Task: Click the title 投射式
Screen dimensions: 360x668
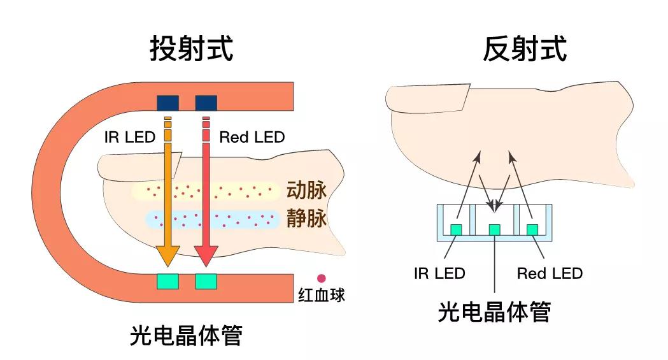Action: click(192, 48)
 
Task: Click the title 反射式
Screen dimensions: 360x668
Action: click(525, 48)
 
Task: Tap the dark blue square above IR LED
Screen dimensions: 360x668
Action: click(167, 102)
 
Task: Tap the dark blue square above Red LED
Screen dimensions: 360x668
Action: click(206, 102)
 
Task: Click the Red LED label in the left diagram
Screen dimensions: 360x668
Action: click(252, 137)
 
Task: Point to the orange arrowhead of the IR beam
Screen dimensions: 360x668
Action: click(167, 254)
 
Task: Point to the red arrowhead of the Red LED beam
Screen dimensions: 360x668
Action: click(206, 254)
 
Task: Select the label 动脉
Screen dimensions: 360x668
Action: click(306, 191)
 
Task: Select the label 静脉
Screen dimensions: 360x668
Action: click(306, 219)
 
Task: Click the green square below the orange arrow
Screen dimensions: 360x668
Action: click(167, 281)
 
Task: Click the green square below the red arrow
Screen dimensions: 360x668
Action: click(206, 281)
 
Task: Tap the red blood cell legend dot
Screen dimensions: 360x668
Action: click(322, 278)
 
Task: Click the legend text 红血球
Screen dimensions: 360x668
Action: click(322, 296)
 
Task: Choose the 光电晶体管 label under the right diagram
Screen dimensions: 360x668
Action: click(494, 312)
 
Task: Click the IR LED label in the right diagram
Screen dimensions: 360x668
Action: click(439, 274)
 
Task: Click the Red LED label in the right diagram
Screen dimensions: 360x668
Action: click(550, 274)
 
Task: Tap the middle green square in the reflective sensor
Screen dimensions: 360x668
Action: click(494, 229)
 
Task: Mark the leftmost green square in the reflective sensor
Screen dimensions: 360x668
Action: click(457, 229)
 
